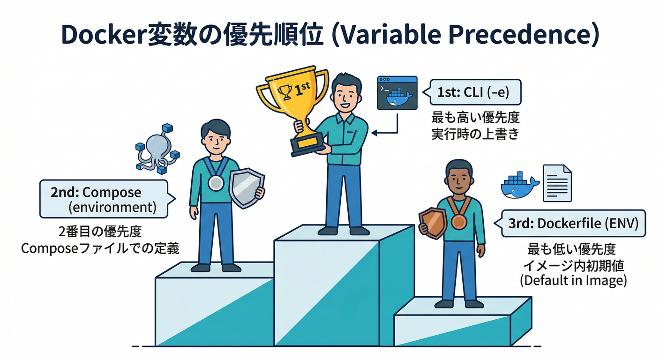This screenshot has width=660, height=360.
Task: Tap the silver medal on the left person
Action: click(x=215, y=182)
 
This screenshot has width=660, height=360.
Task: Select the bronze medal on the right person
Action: click(x=459, y=221)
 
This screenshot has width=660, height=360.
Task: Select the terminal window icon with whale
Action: click(x=397, y=93)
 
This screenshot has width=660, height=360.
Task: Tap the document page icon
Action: click(x=557, y=183)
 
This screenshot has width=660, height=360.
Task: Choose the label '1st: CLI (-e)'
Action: click(x=473, y=92)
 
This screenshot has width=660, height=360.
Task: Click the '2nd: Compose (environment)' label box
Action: click(x=103, y=199)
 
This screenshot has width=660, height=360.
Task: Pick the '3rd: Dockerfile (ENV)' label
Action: click(x=573, y=224)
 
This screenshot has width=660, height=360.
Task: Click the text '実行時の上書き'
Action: click(x=475, y=134)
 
